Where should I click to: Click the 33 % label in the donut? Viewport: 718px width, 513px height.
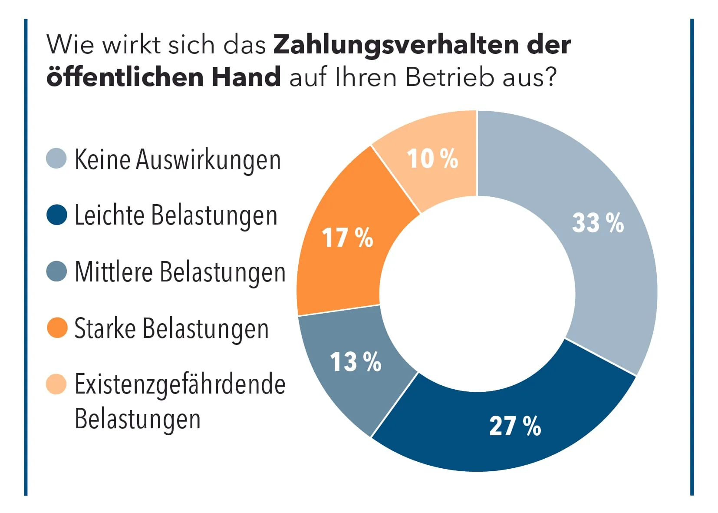598,223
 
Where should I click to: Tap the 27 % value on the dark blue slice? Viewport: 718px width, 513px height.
515,426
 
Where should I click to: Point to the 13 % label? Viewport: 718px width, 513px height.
356,362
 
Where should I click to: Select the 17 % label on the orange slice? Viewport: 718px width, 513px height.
347,238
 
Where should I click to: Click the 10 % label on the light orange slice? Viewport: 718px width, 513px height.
432,159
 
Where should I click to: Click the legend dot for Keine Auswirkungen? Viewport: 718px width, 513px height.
56,159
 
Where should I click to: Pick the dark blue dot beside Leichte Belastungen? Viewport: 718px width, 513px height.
56,215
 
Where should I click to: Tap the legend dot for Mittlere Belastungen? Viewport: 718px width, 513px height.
56,271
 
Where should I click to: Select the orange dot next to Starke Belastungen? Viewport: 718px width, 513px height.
57,328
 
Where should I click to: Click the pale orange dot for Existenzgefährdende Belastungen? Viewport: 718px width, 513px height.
56,384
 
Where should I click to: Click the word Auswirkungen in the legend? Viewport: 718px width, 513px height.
208,160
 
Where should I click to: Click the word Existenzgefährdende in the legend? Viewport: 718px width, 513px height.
180,385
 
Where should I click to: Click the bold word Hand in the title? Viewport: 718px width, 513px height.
246,77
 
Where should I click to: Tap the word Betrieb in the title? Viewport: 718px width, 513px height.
449,77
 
